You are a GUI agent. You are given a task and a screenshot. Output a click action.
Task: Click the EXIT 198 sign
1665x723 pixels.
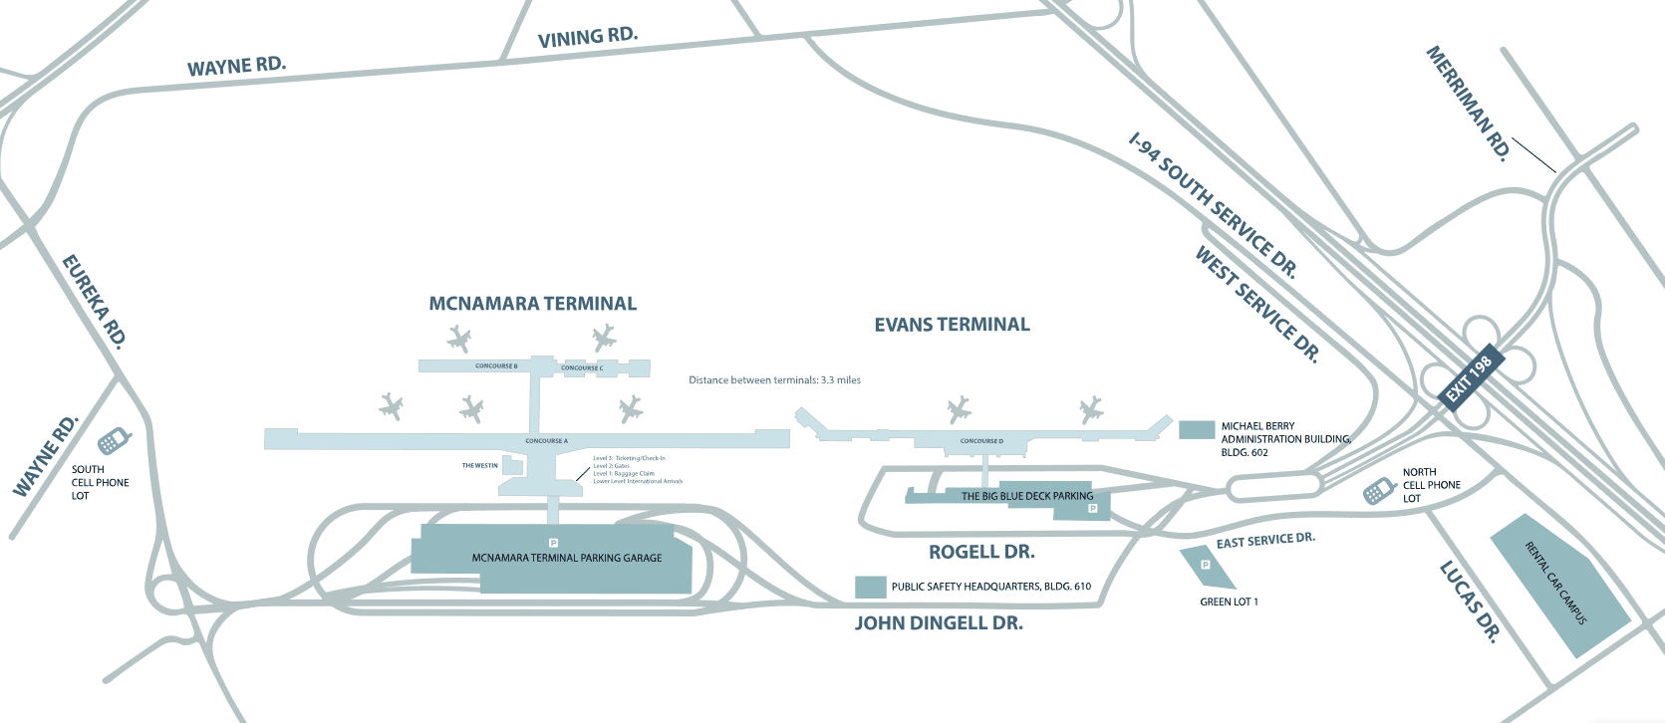[1469, 378]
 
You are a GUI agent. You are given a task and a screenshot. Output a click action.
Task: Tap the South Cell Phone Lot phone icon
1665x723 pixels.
[113, 441]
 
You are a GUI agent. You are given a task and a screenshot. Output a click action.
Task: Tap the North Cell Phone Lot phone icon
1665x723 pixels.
[1379, 490]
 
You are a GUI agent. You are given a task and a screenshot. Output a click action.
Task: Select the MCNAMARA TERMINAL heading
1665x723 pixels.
[532, 304]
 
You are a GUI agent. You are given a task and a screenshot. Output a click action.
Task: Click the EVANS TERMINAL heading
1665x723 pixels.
[952, 325]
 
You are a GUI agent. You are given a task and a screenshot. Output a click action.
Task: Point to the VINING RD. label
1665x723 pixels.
[587, 37]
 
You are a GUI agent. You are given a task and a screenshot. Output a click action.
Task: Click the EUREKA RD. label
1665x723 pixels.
[95, 301]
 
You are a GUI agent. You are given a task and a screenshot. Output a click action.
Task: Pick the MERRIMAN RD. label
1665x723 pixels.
[1470, 104]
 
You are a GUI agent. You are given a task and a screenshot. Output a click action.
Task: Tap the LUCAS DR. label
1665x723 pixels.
[1470, 602]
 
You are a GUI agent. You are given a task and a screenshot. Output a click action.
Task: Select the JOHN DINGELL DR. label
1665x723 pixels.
[939, 623]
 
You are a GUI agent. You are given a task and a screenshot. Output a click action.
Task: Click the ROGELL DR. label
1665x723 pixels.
[981, 552]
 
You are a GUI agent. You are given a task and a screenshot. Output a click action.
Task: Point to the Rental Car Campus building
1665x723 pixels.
[1559, 585]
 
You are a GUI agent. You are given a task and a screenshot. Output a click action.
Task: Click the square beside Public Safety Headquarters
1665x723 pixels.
[871, 587]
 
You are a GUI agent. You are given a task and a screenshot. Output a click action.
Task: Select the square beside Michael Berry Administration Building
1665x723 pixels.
[1196, 429]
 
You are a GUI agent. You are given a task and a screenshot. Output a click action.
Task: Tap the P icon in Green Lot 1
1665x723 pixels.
[1205, 565]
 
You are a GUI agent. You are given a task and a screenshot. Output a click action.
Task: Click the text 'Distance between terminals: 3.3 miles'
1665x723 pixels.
[774, 380]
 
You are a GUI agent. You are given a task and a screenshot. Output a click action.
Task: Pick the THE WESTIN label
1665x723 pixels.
[479, 465]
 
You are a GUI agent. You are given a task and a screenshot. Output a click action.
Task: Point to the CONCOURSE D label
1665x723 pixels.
[981, 440]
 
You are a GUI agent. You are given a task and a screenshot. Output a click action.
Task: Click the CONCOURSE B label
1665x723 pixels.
[496, 366]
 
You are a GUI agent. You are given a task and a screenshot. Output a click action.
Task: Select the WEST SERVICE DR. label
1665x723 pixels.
[1257, 304]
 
